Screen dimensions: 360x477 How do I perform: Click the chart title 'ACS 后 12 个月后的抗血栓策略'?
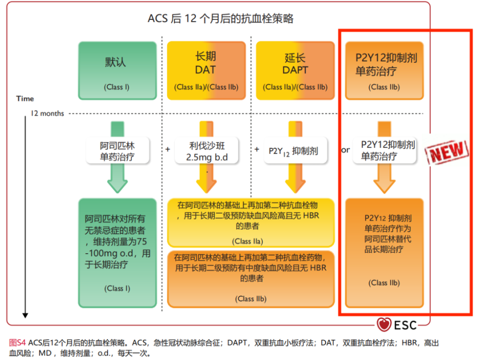click(220, 19)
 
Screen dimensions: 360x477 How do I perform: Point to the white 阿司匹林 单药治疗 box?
click(117, 151)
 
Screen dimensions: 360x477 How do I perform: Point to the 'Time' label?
click(25, 98)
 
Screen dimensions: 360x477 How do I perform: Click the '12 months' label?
click(47, 113)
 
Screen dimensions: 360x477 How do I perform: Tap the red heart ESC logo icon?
click(384, 325)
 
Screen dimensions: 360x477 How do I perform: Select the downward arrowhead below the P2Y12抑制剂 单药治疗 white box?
click(384, 184)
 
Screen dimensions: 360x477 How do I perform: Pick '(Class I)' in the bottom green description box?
click(117, 288)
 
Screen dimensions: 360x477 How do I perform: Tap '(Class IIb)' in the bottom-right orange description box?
click(384, 283)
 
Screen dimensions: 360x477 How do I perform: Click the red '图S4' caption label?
click(17, 343)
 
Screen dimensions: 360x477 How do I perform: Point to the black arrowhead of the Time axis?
click(25, 315)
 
